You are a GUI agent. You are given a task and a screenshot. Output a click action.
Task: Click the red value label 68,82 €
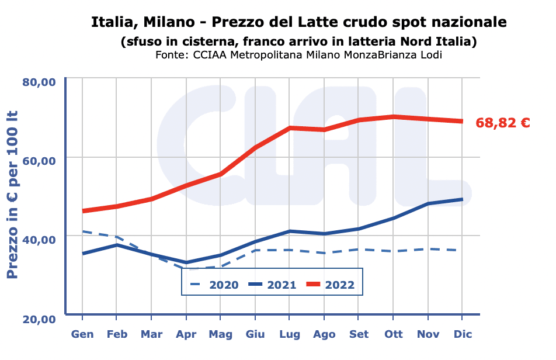[x=503, y=123]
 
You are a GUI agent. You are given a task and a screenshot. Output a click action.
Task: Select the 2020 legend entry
[x=215, y=285]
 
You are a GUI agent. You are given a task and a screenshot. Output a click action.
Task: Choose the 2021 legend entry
[x=273, y=285]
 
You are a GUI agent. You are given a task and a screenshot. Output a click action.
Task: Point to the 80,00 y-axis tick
[x=39, y=81]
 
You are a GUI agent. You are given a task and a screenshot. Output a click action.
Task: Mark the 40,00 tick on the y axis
[x=39, y=240]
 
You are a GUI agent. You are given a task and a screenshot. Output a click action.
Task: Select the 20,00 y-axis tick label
[x=39, y=319]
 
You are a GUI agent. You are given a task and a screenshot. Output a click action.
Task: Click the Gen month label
[x=82, y=334]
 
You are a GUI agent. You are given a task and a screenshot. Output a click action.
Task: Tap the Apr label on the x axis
[x=186, y=334]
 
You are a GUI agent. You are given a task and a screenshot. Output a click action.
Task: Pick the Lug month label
[x=290, y=334]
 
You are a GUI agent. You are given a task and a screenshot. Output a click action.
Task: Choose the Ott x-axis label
[x=393, y=334]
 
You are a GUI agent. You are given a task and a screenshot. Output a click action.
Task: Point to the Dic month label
[x=463, y=334]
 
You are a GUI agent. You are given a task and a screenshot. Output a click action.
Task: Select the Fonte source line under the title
[x=298, y=55]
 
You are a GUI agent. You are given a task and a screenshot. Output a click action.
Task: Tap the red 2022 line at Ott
[x=393, y=117]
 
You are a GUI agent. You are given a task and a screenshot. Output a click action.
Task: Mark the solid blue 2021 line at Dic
[x=463, y=199]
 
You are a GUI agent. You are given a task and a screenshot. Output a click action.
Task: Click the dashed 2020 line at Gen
[x=82, y=231]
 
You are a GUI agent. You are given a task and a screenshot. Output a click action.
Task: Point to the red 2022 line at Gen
[x=82, y=210]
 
